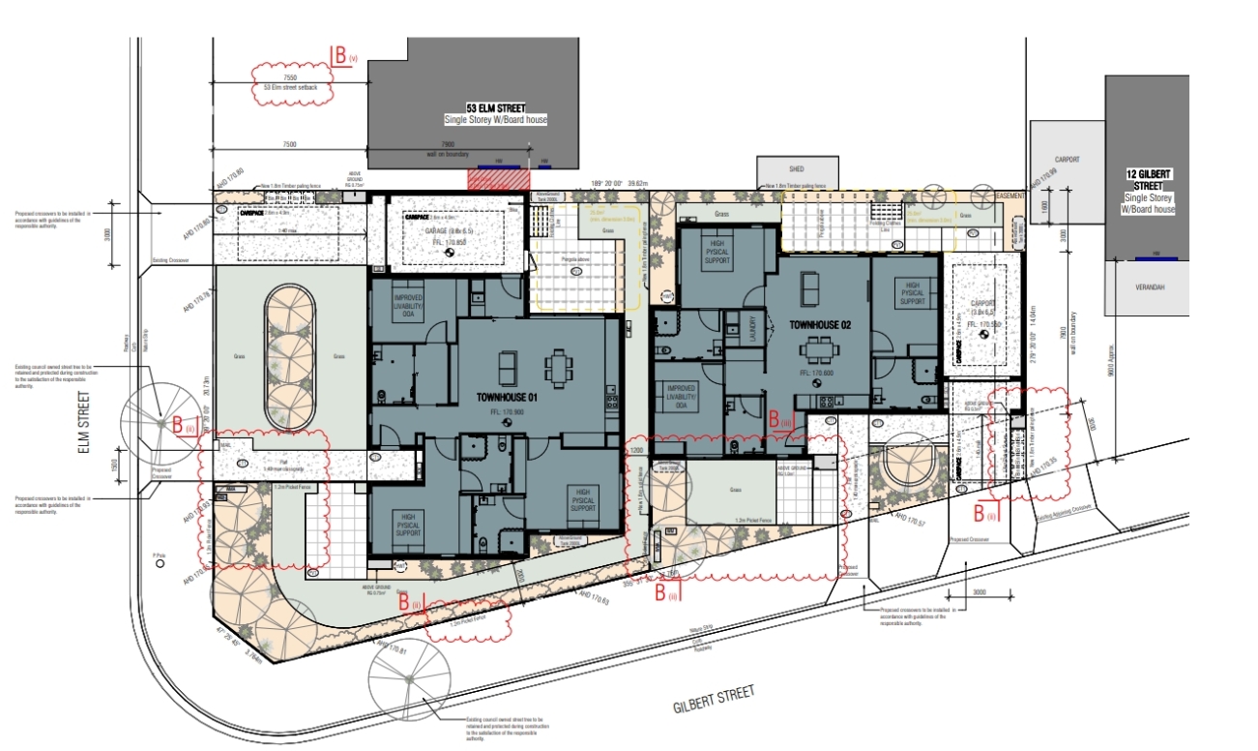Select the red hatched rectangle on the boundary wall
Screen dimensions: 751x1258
(500, 178)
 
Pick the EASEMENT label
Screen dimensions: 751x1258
(1009, 195)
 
